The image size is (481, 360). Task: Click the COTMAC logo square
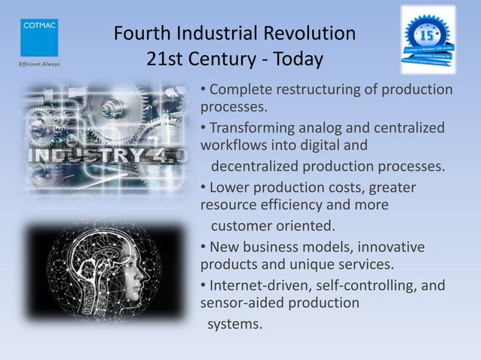click(x=38, y=37)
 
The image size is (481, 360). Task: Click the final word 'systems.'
click(x=236, y=325)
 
